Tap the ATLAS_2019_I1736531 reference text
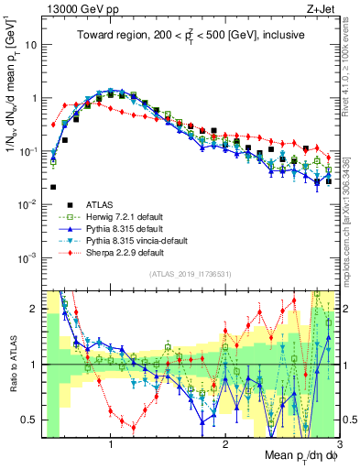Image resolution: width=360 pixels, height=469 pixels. coord(190,275)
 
